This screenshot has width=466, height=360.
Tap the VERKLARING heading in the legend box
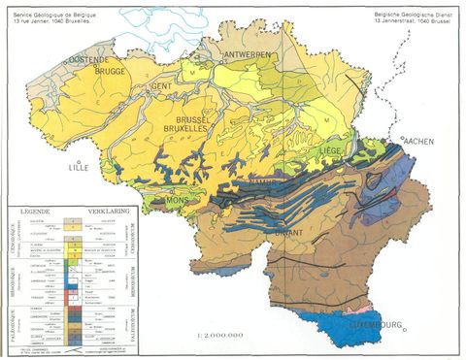(108, 208)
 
